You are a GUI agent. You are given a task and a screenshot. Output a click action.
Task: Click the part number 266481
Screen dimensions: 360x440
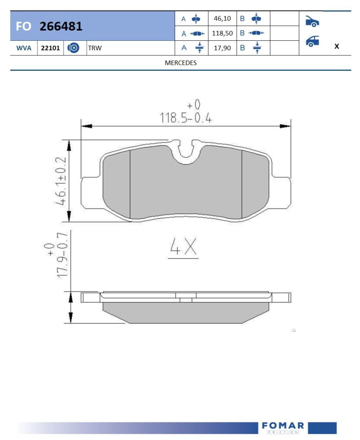click(61, 26)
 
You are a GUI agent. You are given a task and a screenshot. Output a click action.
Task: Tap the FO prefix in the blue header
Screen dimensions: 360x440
click(23, 26)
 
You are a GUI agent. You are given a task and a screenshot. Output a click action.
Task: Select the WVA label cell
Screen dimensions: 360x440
click(24, 48)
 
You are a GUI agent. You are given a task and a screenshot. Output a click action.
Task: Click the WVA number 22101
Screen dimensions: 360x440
click(51, 48)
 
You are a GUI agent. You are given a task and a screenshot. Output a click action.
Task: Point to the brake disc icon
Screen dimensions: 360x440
click(73, 48)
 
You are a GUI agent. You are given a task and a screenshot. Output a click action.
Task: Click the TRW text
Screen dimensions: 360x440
click(95, 48)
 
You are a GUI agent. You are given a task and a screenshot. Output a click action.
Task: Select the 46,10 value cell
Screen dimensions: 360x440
click(223, 18)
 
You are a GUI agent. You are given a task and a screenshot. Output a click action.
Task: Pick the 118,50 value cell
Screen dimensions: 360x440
click(223, 33)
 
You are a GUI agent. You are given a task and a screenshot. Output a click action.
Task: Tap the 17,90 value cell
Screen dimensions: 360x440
click(223, 48)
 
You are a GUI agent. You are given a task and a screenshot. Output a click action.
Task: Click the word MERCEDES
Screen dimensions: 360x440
click(181, 63)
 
